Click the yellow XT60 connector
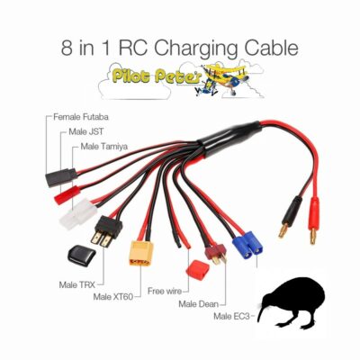[x=141, y=253]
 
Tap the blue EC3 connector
[x=247, y=245]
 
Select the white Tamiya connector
[x=78, y=214]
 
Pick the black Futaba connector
[x=61, y=177]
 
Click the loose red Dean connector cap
[x=196, y=267]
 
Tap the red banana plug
[x=314, y=216]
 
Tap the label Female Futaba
[x=81, y=117]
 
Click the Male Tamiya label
[x=104, y=147]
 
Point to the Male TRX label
[x=77, y=284]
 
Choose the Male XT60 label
[x=112, y=297]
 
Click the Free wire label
[x=165, y=291]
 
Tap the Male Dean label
[x=199, y=304]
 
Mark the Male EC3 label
[x=231, y=316]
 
